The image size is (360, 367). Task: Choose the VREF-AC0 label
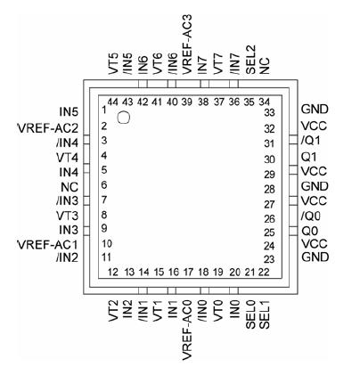187,330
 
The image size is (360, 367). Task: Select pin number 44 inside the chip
112,102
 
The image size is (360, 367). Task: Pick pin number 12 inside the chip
113,271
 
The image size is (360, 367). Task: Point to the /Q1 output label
309,140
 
